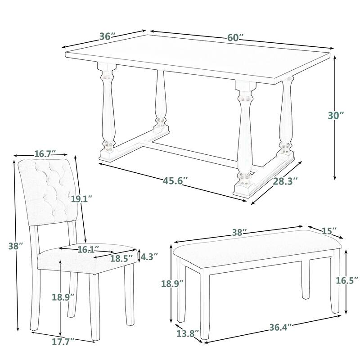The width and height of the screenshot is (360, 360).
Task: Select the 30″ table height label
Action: (x=336, y=116)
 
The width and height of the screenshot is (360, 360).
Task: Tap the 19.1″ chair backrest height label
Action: (x=81, y=198)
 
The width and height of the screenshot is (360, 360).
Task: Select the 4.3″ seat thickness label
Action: (x=149, y=257)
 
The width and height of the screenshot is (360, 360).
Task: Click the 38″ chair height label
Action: (x=14, y=246)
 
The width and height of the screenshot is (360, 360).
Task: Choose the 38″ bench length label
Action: (x=239, y=233)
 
